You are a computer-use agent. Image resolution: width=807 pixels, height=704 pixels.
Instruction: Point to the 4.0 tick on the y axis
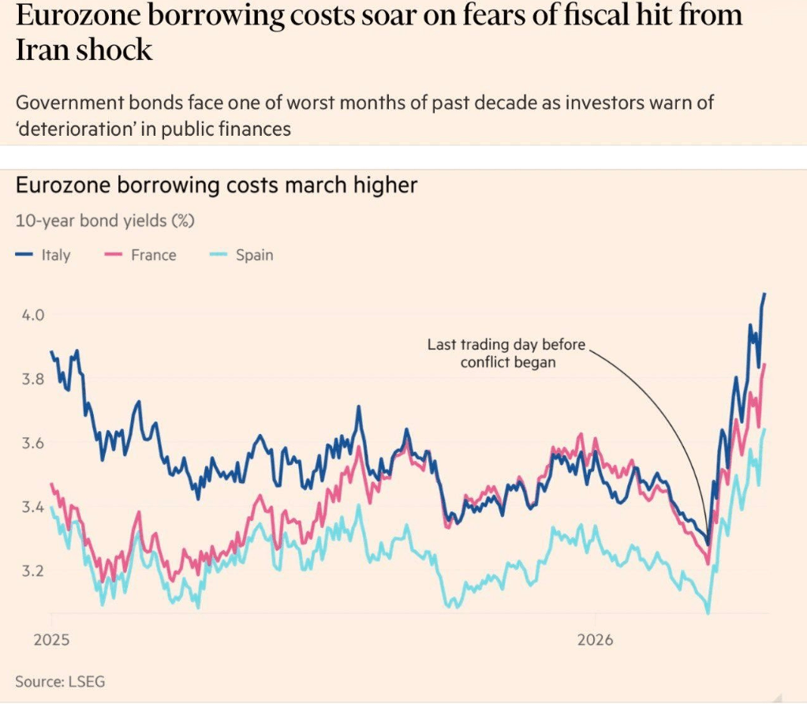32,315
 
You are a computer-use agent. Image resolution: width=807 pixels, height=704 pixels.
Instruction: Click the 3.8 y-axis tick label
32,379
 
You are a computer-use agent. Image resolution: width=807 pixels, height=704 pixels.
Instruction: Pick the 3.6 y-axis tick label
32,443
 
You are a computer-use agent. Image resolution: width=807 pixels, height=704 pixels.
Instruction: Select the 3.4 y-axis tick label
32,507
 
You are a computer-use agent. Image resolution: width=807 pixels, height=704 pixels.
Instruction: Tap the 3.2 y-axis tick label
32,571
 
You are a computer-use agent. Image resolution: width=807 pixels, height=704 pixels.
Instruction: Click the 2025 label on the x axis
50,639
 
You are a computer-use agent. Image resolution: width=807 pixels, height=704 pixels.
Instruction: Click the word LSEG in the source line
87,680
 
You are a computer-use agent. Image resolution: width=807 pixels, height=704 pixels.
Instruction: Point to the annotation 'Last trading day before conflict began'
508,354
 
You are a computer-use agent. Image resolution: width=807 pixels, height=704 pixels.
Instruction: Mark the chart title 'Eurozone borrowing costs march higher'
216,186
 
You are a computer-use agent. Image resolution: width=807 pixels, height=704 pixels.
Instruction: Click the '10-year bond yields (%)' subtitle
105,221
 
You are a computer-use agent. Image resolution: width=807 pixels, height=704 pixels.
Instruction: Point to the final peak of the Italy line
764,294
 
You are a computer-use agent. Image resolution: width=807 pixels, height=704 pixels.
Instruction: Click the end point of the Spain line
764,429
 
